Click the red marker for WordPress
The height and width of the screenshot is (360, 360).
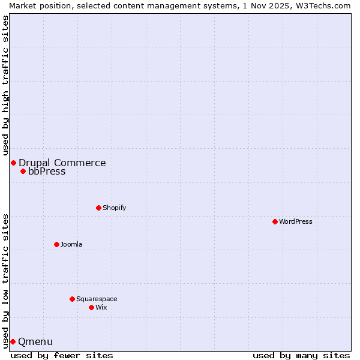click(x=275, y=221)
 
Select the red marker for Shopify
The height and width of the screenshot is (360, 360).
click(x=98, y=208)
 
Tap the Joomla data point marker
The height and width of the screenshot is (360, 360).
click(x=56, y=244)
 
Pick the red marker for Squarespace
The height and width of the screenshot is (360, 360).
click(x=72, y=299)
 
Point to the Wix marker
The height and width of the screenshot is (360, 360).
click(x=91, y=307)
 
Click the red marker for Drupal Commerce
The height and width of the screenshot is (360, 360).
click(x=13, y=163)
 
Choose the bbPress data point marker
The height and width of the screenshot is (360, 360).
click(x=23, y=171)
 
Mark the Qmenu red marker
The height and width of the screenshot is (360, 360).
click(x=13, y=341)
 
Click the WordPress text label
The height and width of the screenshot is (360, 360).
click(x=296, y=221)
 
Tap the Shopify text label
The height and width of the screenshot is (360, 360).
click(x=114, y=208)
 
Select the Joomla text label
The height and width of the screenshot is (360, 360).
click(x=71, y=244)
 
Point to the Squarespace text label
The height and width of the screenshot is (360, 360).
click(x=97, y=299)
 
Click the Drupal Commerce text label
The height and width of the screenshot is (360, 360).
click(x=62, y=163)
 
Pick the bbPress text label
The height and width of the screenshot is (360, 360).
click(x=47, y=171)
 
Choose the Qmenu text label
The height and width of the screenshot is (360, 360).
click(x=35, y=341)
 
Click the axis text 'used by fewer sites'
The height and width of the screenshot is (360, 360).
click(x=62, y=355)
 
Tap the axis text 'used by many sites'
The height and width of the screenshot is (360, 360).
click(x=301, y=355)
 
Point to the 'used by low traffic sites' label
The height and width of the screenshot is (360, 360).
click(x=5, y=280)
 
